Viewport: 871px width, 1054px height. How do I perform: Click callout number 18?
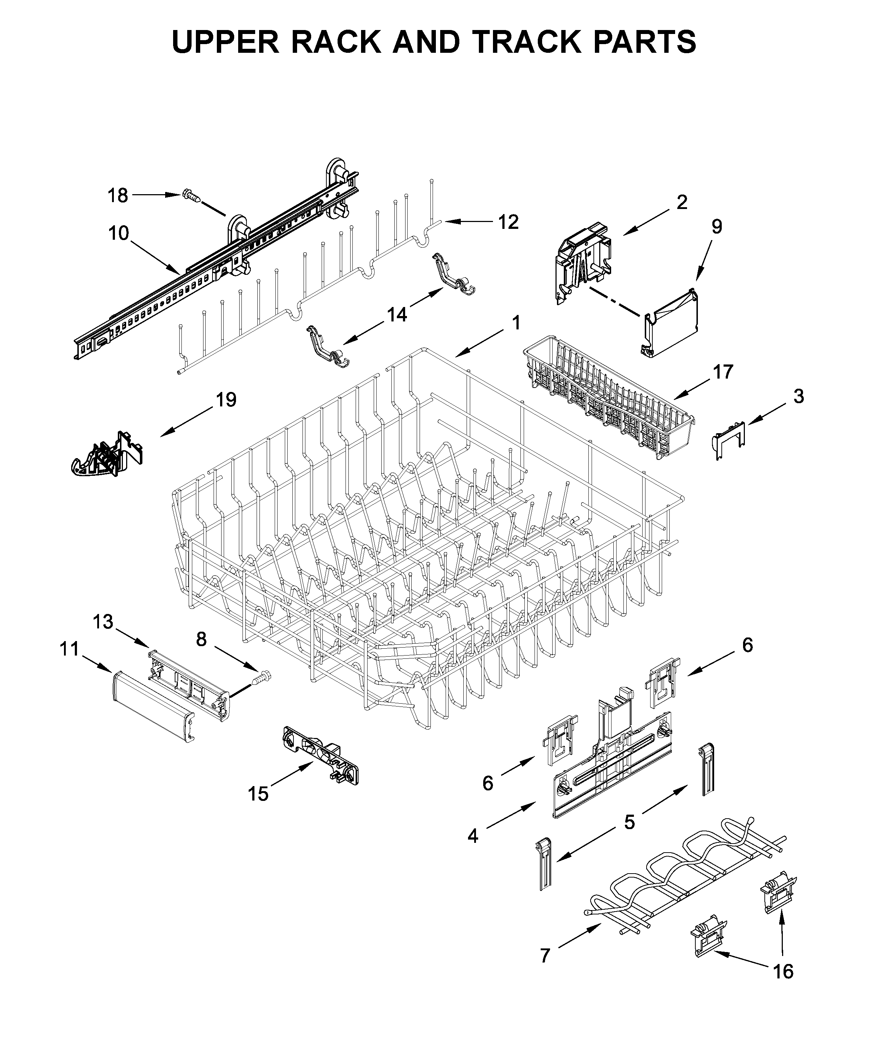point(119,195)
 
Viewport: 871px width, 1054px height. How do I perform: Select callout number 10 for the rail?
point(119,233)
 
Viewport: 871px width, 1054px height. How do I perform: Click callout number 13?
point(103,622)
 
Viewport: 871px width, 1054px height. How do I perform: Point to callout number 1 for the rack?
point(516,323)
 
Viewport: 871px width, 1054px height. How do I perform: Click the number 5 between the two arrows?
point(629,822)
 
